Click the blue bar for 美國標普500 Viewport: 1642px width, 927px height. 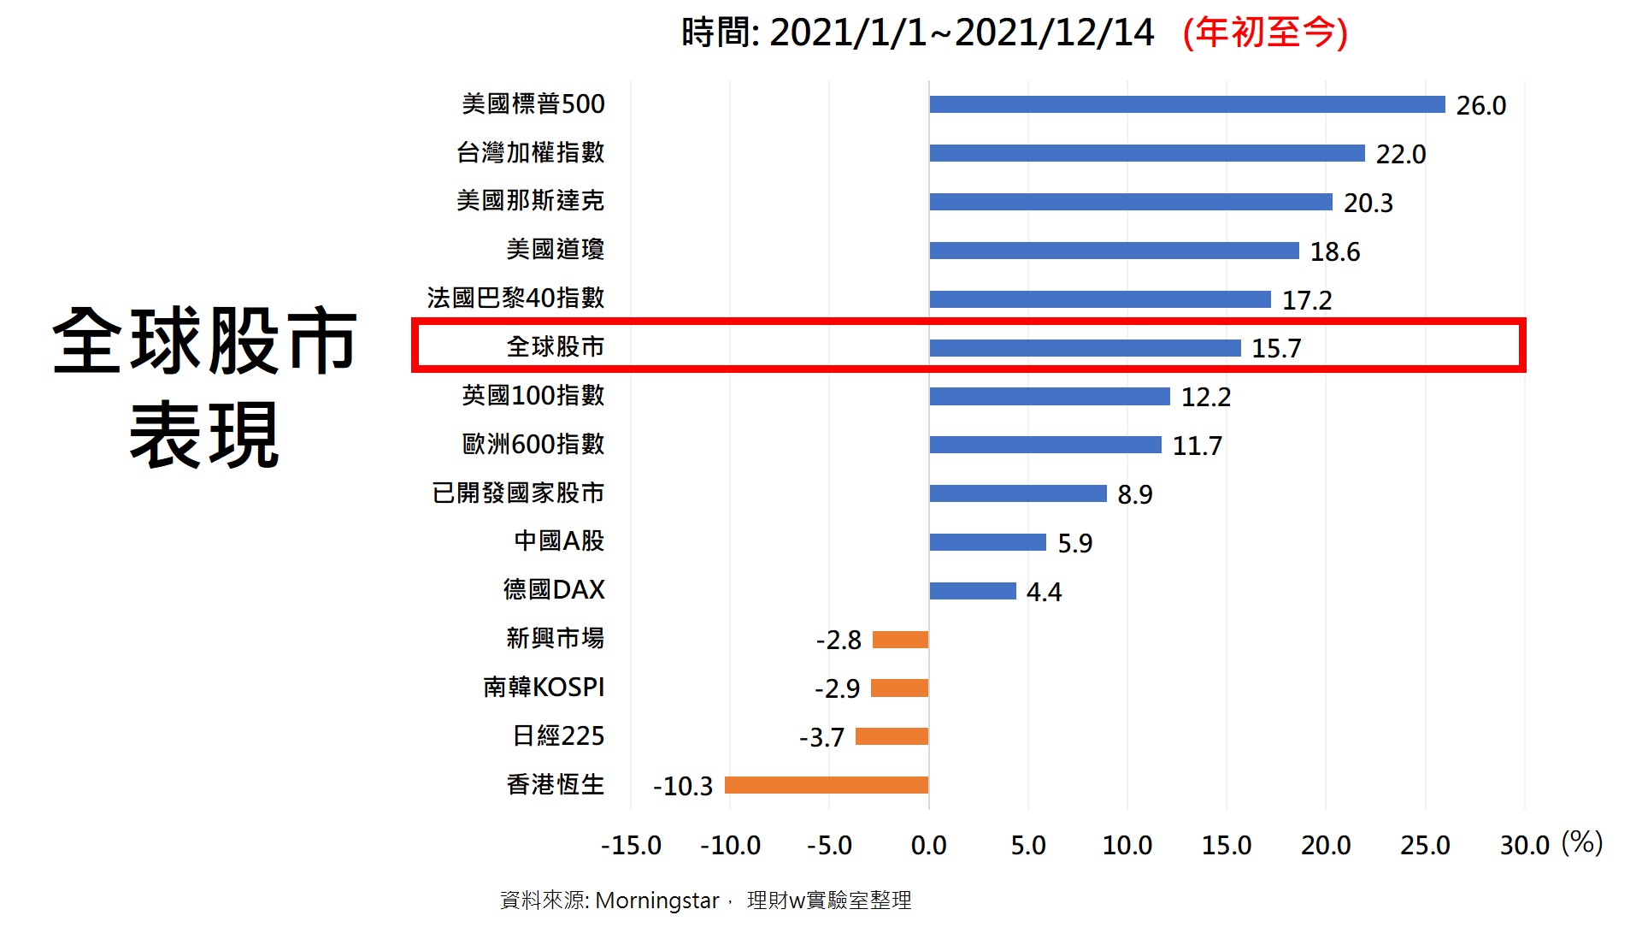click(x=1186, y=104)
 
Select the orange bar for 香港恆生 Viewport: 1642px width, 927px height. click(x=827, y=785)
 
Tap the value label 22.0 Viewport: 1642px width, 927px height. click(x=1400, y=154)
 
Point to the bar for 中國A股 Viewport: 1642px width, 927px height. click(x=987, y=542)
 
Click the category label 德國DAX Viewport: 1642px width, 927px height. click(x=553, y=590)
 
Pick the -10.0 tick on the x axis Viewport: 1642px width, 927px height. click(x=729, y=846)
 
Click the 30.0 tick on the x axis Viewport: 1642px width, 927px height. click(x=1524, y=846)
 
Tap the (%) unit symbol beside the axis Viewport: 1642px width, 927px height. click(x=1581, y=843)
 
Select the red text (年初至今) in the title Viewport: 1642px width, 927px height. click(x=1265, y=33)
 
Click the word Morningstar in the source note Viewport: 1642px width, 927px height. click(x=656, y=900)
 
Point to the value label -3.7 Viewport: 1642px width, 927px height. click(x=821, y=737)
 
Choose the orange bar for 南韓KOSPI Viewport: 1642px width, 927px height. click(x=899, y=688)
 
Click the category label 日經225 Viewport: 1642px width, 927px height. click(x=558, y=736)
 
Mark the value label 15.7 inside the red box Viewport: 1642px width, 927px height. click(x=1275, y=348)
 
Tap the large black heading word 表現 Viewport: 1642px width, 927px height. click(x=204, y=435)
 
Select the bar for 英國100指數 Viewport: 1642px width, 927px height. click(x=1049, y=397)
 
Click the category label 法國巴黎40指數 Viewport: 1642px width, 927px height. click(x=515, y=298)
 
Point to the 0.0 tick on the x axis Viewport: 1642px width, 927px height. click(x=928, y=846)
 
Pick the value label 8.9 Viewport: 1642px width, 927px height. click(x=1134, y=494)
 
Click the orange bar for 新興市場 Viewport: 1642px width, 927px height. click(x=900, y=640)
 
